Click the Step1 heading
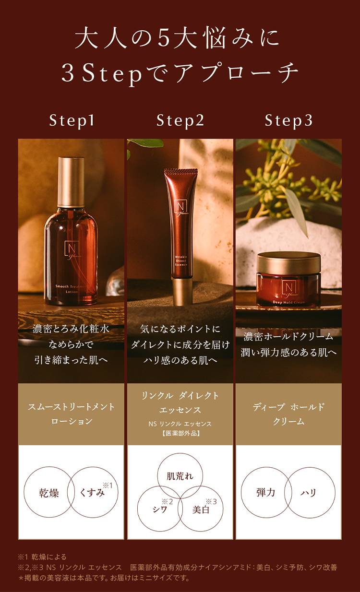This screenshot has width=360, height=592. [x=71, y=121]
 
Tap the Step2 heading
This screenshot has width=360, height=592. [x=180, y=121]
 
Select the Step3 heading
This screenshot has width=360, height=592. [x=288, y=121]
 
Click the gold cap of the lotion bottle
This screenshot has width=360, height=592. [x=71, y=180]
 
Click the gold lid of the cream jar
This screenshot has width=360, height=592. [x=288, y=262]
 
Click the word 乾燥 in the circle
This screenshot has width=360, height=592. [x=48, y=493]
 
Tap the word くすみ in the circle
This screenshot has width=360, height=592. [x=93, y=493]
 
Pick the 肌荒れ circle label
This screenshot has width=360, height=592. [x=180, y=476]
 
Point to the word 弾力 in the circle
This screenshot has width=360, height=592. [x=265, y=493]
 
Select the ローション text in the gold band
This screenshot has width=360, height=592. [x=71, y=421]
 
